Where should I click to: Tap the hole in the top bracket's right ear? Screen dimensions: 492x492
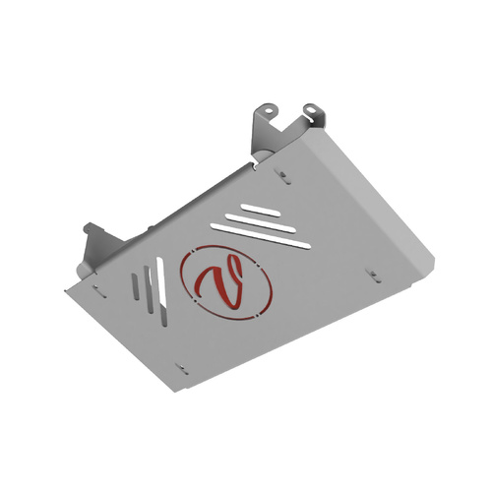pyautogui.click(x=309, y=107)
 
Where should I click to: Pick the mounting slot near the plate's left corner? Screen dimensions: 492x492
pyautogui.click(x=98, y=288)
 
